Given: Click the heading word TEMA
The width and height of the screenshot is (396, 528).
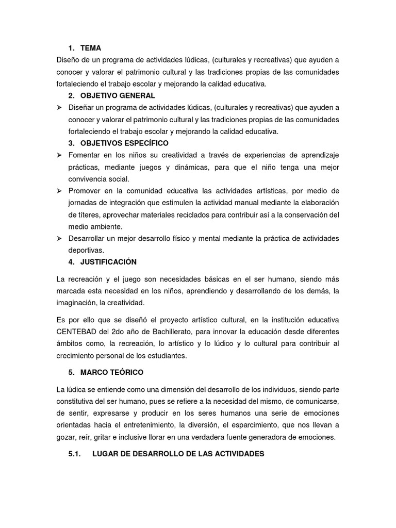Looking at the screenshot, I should tap(91, 48).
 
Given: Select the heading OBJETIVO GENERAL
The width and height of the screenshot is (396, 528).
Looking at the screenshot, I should tap(118, 95).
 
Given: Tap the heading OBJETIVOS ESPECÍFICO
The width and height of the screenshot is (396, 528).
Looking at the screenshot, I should tap(124, 143).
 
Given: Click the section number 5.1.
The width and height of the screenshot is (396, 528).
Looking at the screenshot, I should tap(75, 454).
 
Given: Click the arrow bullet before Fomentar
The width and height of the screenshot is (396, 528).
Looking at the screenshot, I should tap(59, 155).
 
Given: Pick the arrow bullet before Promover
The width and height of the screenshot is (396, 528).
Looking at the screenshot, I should tap(59, 191).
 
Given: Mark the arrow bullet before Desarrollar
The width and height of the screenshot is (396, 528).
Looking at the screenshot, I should tap(59, 238).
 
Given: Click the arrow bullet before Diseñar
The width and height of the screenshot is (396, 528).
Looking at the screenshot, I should tap(59, 107).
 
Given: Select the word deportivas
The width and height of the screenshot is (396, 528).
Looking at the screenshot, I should tap(86, 250).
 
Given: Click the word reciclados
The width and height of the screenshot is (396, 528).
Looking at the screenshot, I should tap(206, 214).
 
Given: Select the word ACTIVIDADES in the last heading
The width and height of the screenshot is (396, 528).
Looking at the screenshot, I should tap(233, 454).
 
